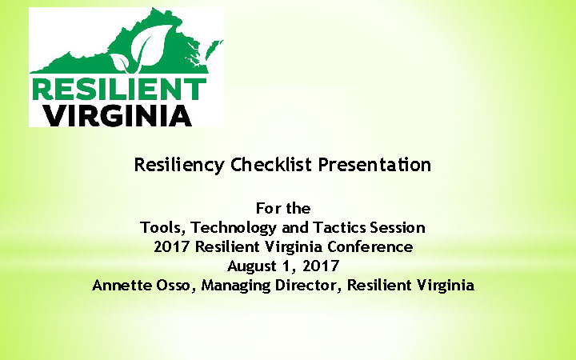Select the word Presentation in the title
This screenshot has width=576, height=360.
pos(374,166)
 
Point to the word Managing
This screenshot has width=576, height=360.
pos(241,286)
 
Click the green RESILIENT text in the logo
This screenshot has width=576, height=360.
pos(118,88)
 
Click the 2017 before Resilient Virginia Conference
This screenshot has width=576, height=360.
pos(170,247)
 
